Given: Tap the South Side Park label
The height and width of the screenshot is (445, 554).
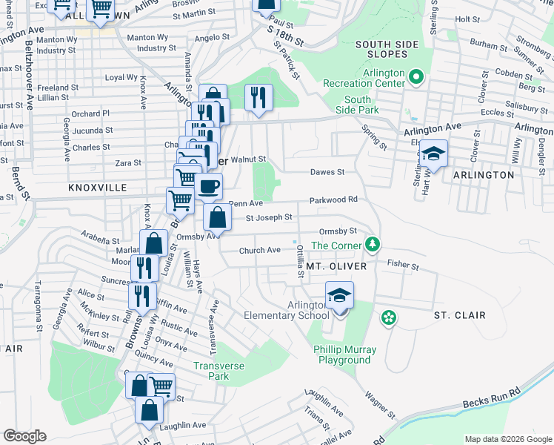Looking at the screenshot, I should click(x=357, y=105).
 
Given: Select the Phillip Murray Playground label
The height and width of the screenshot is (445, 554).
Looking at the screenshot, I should click(x=344, y=355).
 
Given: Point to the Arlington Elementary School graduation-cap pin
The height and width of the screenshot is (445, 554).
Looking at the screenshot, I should click(x=339, y=295).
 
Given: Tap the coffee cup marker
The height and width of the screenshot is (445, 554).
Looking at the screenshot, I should click(x=209, y=185).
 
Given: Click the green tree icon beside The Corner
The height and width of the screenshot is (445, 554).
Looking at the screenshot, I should click(x=374, y=245).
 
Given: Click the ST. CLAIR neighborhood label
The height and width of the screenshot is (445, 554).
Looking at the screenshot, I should click(x=459, y=315).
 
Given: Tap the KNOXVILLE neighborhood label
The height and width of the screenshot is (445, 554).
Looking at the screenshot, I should click(x=98, y=188).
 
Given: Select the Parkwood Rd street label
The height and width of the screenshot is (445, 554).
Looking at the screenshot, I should click(x=333, y=200).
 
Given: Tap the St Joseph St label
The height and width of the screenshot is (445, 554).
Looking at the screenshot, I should click(x=269, y=217).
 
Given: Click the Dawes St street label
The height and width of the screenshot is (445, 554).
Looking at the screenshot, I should click(x=327, y=172).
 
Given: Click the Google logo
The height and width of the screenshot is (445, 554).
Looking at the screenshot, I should click(x=24, y=436).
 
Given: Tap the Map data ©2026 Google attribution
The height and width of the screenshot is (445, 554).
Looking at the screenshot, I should click(x=508, y=439).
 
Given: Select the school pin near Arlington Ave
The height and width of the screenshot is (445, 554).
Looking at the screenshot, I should click(x=435, y=154).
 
